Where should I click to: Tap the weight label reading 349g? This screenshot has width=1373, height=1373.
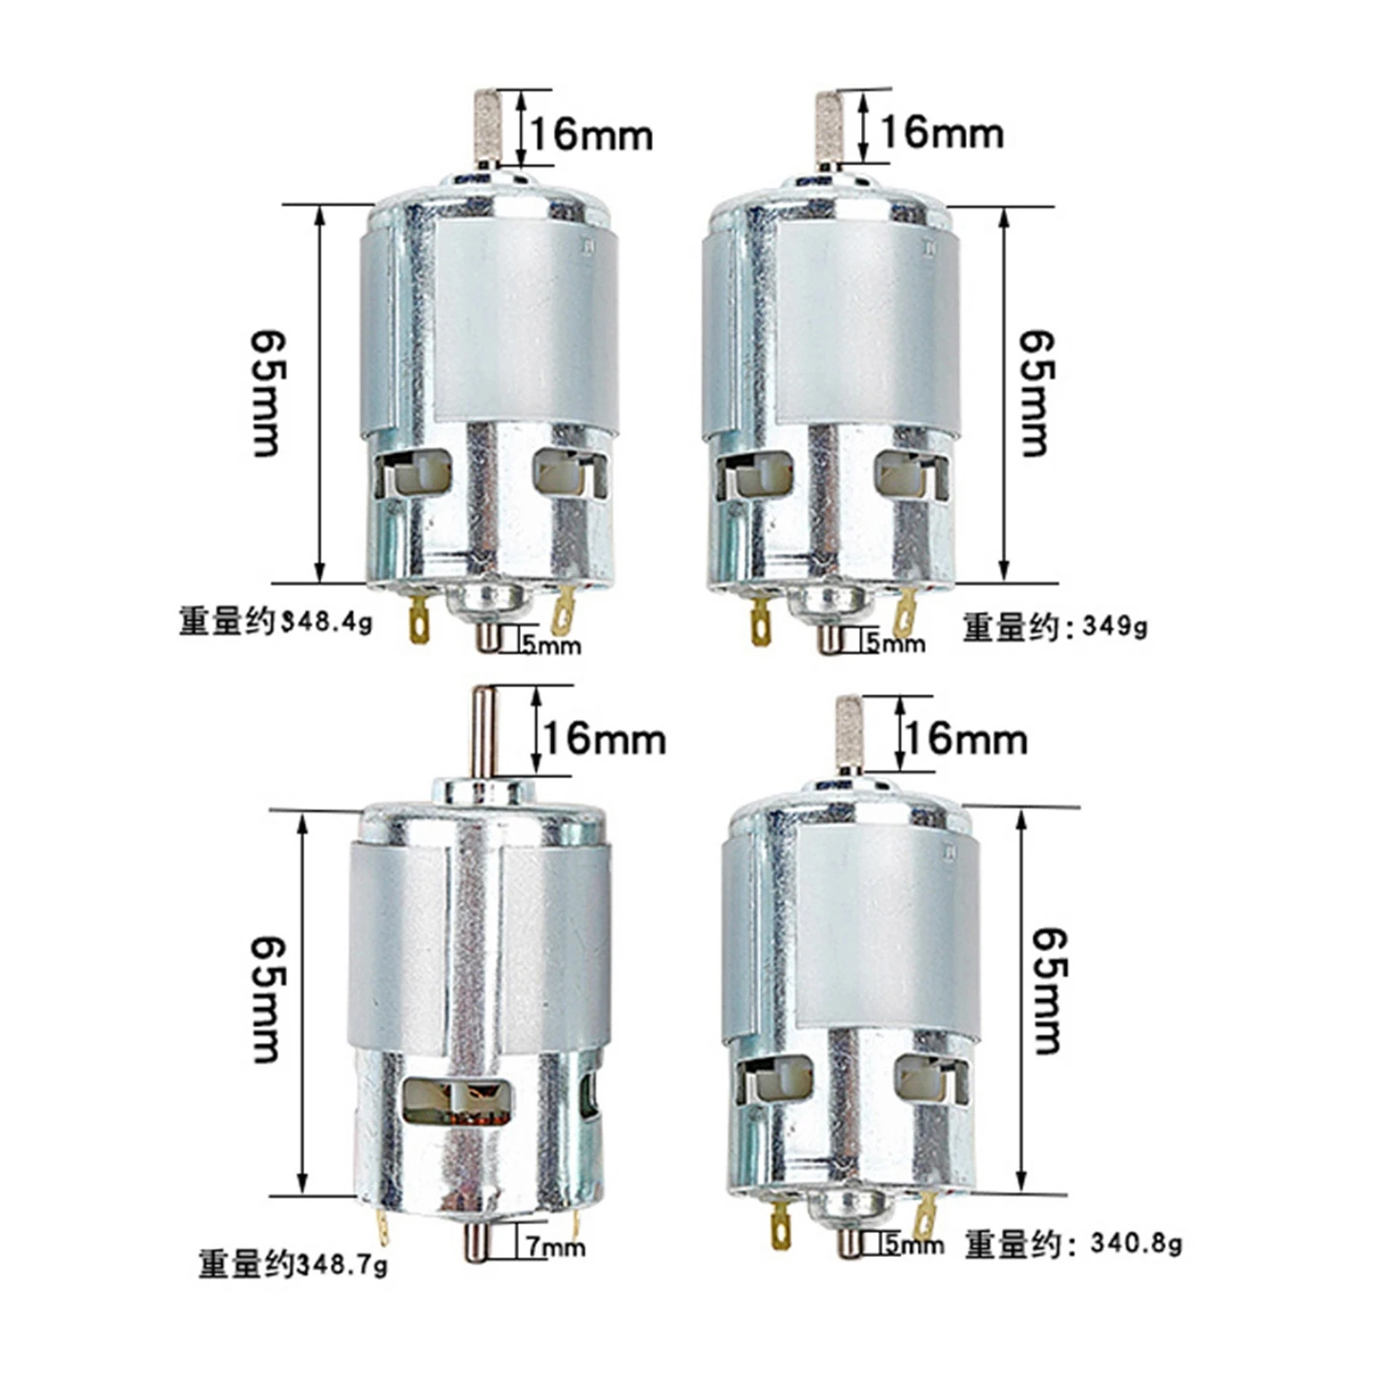[x=1055, y=627]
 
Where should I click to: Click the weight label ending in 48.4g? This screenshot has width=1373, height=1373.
[x=276, y=622]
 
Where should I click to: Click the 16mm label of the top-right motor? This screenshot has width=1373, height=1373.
[x=942, y=133]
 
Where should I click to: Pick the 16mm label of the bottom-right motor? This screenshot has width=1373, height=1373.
[x=966, y=739]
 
